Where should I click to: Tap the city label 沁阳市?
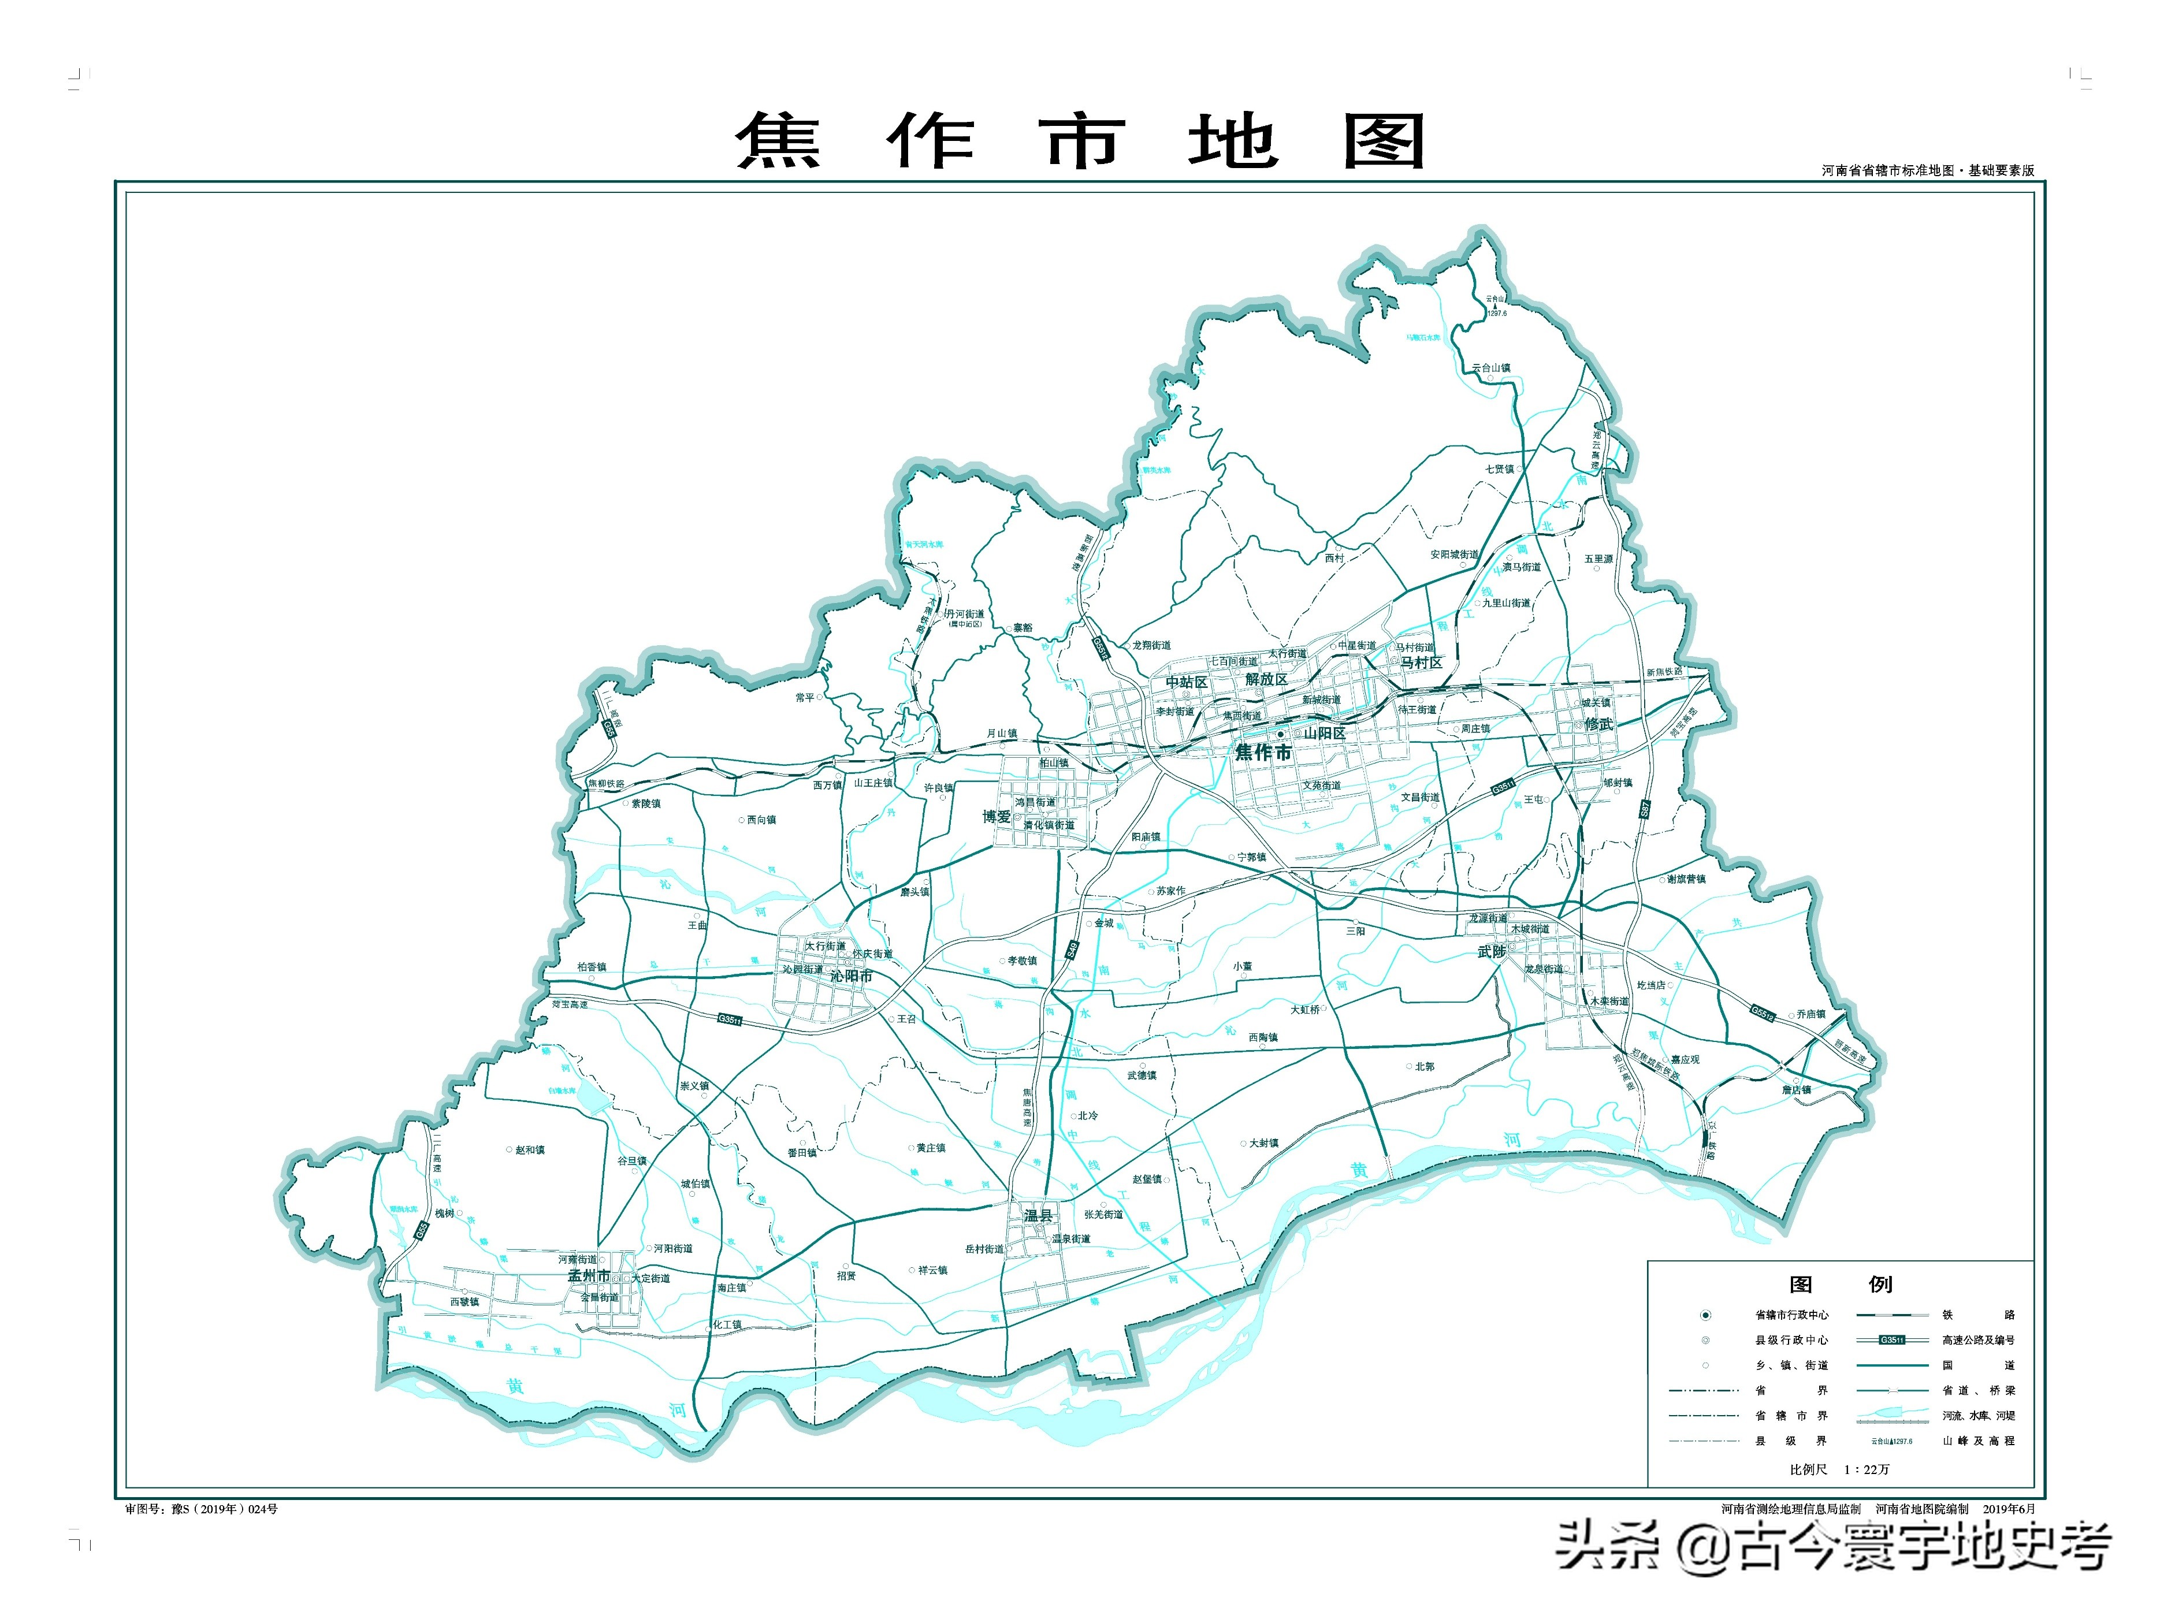[850, 976]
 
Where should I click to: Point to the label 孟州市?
[589, 1275]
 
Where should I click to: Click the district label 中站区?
[1187, 683]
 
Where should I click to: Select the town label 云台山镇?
[1491, 368]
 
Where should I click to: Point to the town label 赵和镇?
[530, 1151]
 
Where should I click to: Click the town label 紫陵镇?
[645, 803]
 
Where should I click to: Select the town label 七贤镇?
[1500, 468]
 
